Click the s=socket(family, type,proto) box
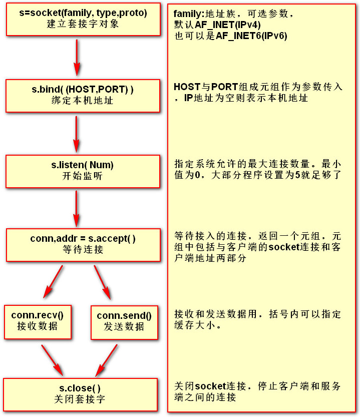(x=83, y=20)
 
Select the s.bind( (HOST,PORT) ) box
(x=83, y=96)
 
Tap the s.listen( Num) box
(x=83, y=172)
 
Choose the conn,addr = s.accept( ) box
(x=83, y=245)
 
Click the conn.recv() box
(x=38, y=322)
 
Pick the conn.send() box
(x=124, y=322)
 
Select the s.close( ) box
(x=80, y=394)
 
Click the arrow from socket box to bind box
(x=77, y=58)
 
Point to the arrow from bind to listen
(x=77, y=134)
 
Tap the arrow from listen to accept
(x=77, y=208)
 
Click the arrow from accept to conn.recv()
(x=53, y=282)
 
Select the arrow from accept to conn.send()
(x=103, y=282)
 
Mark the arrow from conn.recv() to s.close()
(x=52, y=360)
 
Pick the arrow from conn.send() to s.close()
(x=107, y=360)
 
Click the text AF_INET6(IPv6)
(x=252, y=36)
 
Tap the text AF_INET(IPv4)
(x=228, y=25)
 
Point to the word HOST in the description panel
(x=187, y=87)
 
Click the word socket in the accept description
(x=284, y=247)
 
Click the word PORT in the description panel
(x=225, y=87)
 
